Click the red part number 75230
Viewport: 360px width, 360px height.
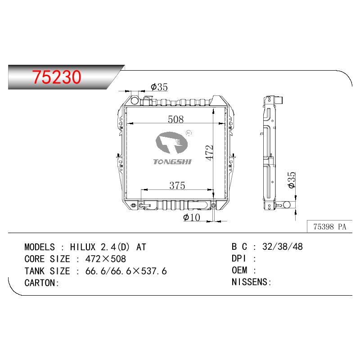click(57, 77)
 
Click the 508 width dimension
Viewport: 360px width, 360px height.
click(175, 119)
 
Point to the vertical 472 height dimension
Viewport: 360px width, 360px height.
click(209, 153)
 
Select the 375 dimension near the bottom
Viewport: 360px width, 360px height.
click(177, 185)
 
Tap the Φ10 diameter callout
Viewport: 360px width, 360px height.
click(192, 217)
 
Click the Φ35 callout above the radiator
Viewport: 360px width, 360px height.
click(159, 87)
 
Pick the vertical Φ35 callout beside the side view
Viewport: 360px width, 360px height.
click(292, 180)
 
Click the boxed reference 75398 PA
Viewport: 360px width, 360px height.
click(329, 227)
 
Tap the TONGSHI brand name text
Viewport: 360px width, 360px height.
click(172, 162)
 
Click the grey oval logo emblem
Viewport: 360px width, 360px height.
click(171, 143)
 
